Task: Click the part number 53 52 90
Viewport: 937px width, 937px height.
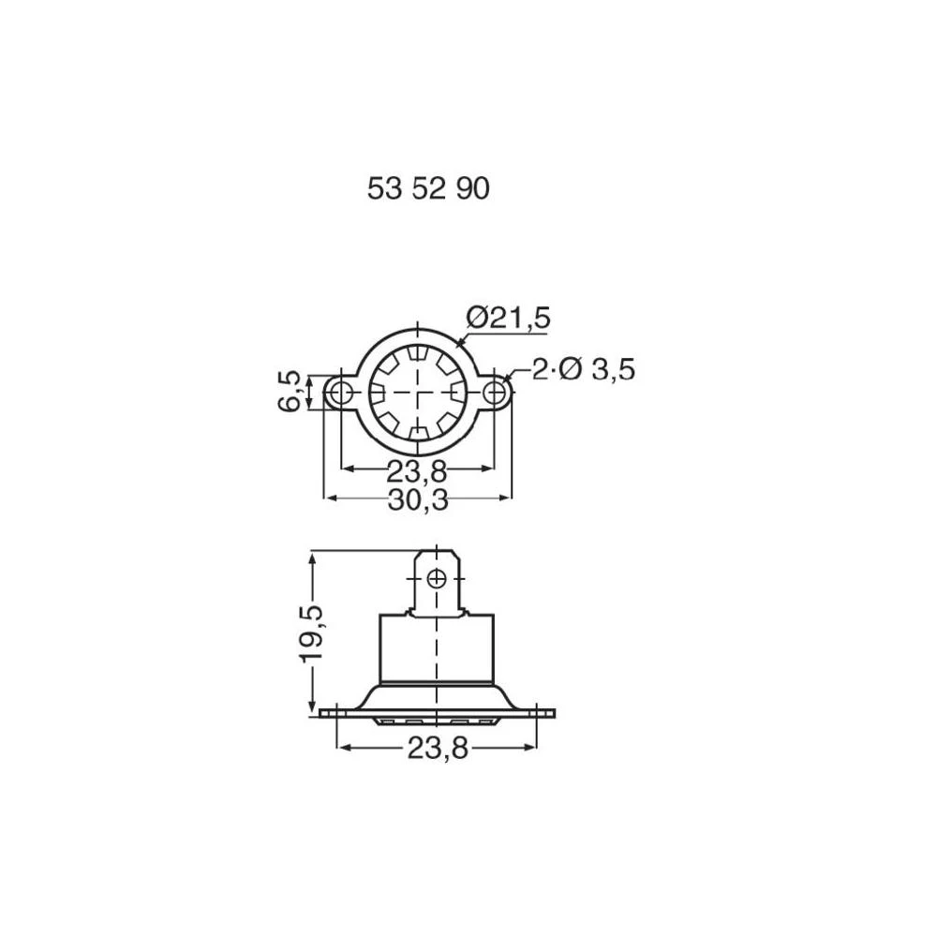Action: coord(428,189)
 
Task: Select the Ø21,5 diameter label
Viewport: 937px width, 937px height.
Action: coord(507,318)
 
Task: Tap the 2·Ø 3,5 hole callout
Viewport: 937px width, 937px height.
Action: coord(583,370)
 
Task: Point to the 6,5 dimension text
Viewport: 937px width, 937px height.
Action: coord(290,391)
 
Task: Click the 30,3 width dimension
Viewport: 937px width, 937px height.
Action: coord(418,500)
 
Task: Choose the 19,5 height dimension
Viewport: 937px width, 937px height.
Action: coord(312,633)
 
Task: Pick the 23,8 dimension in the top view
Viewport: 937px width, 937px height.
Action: coord(417,470)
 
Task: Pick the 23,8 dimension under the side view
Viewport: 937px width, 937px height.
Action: coord(438,749)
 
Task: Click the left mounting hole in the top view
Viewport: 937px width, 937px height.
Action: coord(342,393)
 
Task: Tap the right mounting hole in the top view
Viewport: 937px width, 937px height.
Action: coord(495,393)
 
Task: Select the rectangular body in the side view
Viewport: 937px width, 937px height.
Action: coord(437,648)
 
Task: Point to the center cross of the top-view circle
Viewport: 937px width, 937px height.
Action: coord(418,393)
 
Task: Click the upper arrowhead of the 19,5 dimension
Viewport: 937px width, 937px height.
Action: coord(312,556)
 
